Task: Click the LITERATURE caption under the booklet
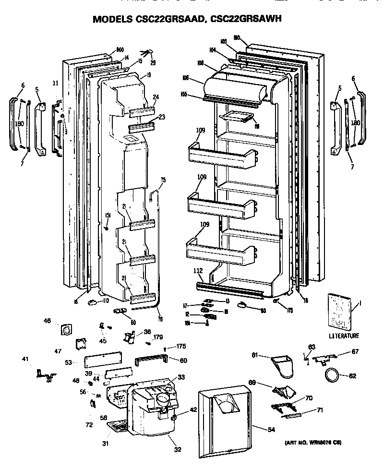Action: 343,336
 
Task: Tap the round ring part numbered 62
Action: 332,374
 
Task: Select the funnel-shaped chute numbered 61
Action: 281,364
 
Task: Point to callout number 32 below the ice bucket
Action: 177,450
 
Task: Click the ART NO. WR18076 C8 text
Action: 312,442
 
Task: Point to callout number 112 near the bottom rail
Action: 198,270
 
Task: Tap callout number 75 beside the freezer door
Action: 163,180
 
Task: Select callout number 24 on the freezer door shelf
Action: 156,97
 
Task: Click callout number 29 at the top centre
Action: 153,63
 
